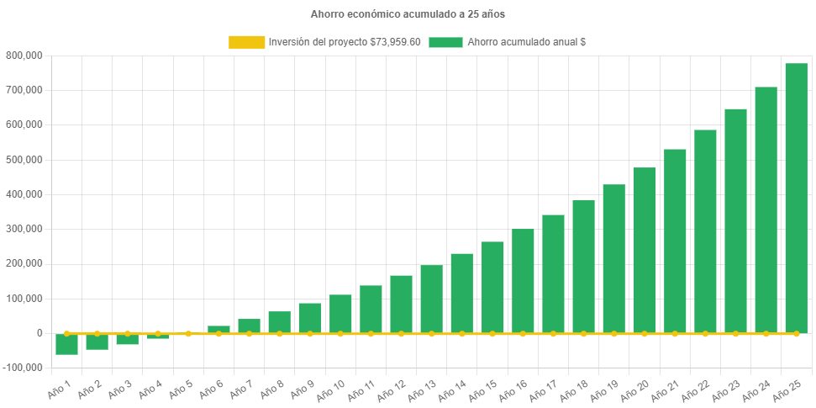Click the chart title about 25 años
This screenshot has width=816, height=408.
click(x=408, y=14)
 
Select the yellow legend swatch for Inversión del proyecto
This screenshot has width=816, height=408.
click(x=245, y=42)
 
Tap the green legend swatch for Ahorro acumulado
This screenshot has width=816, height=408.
click(x=445, y=42)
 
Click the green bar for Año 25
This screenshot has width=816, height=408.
click(x=796, y=199)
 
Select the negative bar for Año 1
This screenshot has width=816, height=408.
click(x=66, y=344)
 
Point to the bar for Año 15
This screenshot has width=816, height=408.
click(x=492, y=287)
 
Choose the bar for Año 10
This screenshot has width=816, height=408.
click(x=340, y=314)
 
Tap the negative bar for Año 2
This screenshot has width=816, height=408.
click(x=97, y=342)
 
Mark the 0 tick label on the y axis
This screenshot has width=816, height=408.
click(x=39, y=333)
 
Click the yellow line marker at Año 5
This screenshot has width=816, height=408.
click(x=188, y=333)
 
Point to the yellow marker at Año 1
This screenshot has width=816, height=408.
click(x=66, y=333)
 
